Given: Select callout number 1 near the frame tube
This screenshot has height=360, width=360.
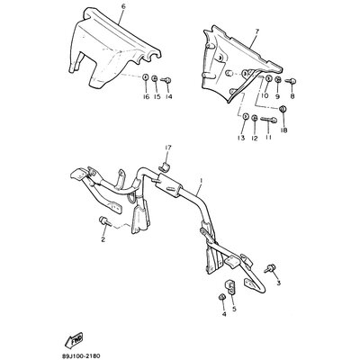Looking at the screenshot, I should [201, 180].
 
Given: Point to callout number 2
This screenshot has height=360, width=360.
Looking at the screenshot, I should [103, 239].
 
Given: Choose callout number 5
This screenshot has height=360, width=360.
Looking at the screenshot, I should [235, 309].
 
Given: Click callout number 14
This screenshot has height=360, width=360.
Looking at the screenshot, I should [167, 95].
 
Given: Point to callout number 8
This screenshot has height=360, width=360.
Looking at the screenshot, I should [292, 94].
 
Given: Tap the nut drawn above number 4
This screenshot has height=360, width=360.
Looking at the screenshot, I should [222, 297].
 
